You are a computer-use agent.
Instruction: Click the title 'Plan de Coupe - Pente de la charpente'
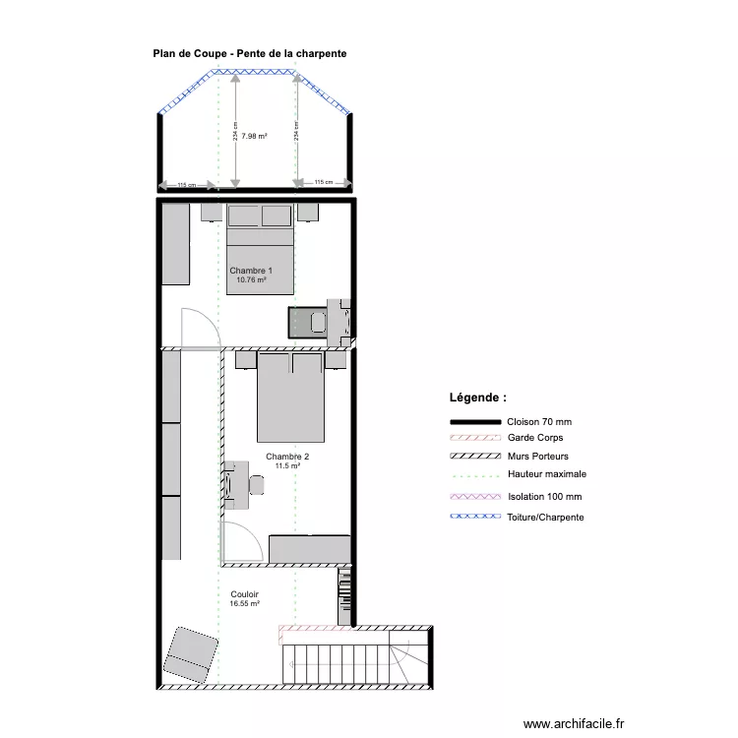tap(249, 54)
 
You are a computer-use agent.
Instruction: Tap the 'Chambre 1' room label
tap(251, 271)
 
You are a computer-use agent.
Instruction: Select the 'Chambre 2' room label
tap(287, 457)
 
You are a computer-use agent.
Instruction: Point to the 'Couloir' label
tap(245, 594)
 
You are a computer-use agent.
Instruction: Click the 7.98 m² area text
tap(255, 137)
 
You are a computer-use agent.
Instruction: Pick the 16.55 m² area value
tap(245, 604)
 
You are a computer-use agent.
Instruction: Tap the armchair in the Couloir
tap(192, 655)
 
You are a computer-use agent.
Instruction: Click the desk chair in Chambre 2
tap(256, 484)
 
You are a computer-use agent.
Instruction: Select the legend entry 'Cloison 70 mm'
tap(539, 421)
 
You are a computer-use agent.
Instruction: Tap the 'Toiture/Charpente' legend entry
tap(545, 517)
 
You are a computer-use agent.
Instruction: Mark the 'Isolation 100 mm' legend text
tap(544, 497)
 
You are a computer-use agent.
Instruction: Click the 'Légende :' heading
tap(478, 399)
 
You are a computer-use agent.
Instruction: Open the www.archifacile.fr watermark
tap(573, 723)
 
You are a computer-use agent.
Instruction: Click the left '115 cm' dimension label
tap(186, 184)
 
